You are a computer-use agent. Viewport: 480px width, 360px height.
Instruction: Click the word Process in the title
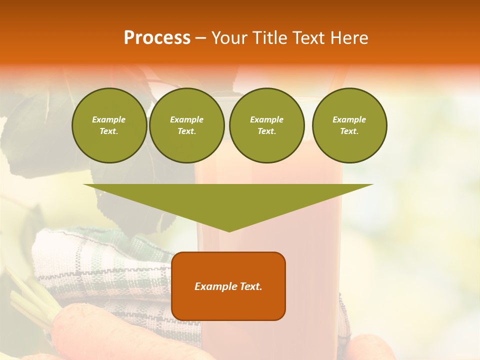click(157, 38)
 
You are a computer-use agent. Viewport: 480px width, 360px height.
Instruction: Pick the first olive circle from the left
click(109, 125)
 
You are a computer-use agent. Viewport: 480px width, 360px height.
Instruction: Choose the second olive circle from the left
click(187, 125)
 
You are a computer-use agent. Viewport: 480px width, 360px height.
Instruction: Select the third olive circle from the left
click(266, 125)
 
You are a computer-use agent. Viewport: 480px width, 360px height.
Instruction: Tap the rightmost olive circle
click(349, 125)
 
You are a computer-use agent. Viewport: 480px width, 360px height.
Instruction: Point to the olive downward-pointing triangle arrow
click(228, 202)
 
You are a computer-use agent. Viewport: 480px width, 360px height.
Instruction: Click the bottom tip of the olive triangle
click(229, 231)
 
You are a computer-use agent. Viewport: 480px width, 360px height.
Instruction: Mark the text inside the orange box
click(228, 286)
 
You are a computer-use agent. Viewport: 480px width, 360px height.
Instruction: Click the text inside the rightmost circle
click(349, 125)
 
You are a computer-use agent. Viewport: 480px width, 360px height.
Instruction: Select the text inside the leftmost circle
click(109, 125)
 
